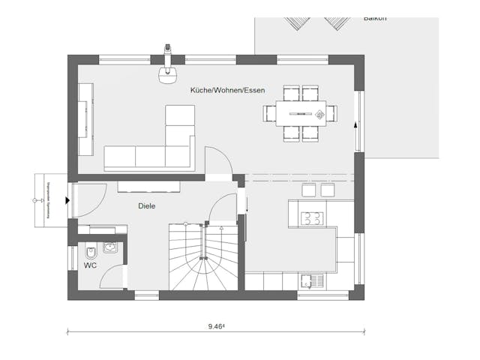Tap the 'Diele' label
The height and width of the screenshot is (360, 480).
pyautogui.click(x=146, y=205)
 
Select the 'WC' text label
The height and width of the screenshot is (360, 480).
pyautogui.click(x=90, y=265)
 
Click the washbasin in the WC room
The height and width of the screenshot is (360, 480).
pyautogui.click(x=110, y=247)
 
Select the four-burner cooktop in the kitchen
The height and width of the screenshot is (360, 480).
pyautogui.click(x=311, y=219)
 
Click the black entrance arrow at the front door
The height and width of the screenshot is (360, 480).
pyautogui.click(x=67, y=200)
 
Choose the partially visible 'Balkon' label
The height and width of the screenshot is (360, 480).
pyautogui.click(x=375, y=17)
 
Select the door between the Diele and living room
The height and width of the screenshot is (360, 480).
pyautogui.click(x=217, y=161)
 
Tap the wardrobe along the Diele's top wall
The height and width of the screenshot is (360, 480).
pyautogui.click(x=148, y=186)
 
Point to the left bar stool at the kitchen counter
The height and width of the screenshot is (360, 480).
pyautogui.click(x=307, y=190)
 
